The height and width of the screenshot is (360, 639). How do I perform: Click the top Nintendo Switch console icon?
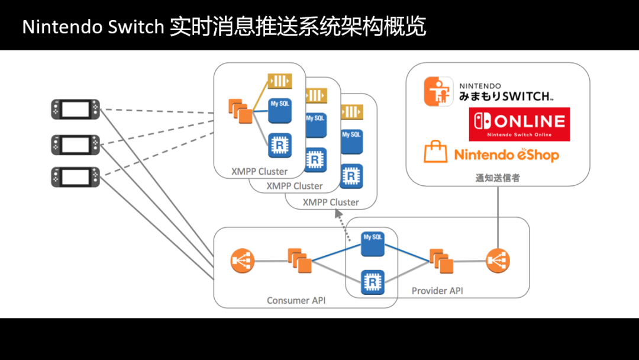pos(75,110)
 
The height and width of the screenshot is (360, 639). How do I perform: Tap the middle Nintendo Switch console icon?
pos(75,144)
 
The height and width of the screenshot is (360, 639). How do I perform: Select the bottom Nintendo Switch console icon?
pos(75,177)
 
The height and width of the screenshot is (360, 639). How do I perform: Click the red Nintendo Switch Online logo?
pos(519,124)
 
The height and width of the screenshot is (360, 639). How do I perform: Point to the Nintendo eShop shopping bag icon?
pos(435,152)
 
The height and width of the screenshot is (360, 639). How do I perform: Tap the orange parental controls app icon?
pos(438,91)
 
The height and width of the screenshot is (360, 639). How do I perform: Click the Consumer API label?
pos(296,300)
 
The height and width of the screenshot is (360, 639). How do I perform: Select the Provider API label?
pos(437,291)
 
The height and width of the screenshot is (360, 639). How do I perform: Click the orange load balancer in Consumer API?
pos(243,261)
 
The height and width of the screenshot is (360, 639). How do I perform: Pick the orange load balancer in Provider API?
pos(498,261)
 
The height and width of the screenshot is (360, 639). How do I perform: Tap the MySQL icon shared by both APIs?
pos(373,244)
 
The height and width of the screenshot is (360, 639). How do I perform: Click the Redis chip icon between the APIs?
pos(373,282)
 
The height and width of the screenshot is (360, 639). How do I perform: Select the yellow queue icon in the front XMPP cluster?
pos(280,81)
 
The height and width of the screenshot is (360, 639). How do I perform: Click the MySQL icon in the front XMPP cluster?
pos(279,111)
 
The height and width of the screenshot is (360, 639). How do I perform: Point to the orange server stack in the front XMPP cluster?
pos(240,111)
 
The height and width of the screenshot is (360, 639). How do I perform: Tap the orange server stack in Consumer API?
pos(300,261)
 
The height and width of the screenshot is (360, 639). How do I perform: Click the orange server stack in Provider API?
pos(441,261)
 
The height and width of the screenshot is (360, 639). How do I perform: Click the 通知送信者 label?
pos(498,178)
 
